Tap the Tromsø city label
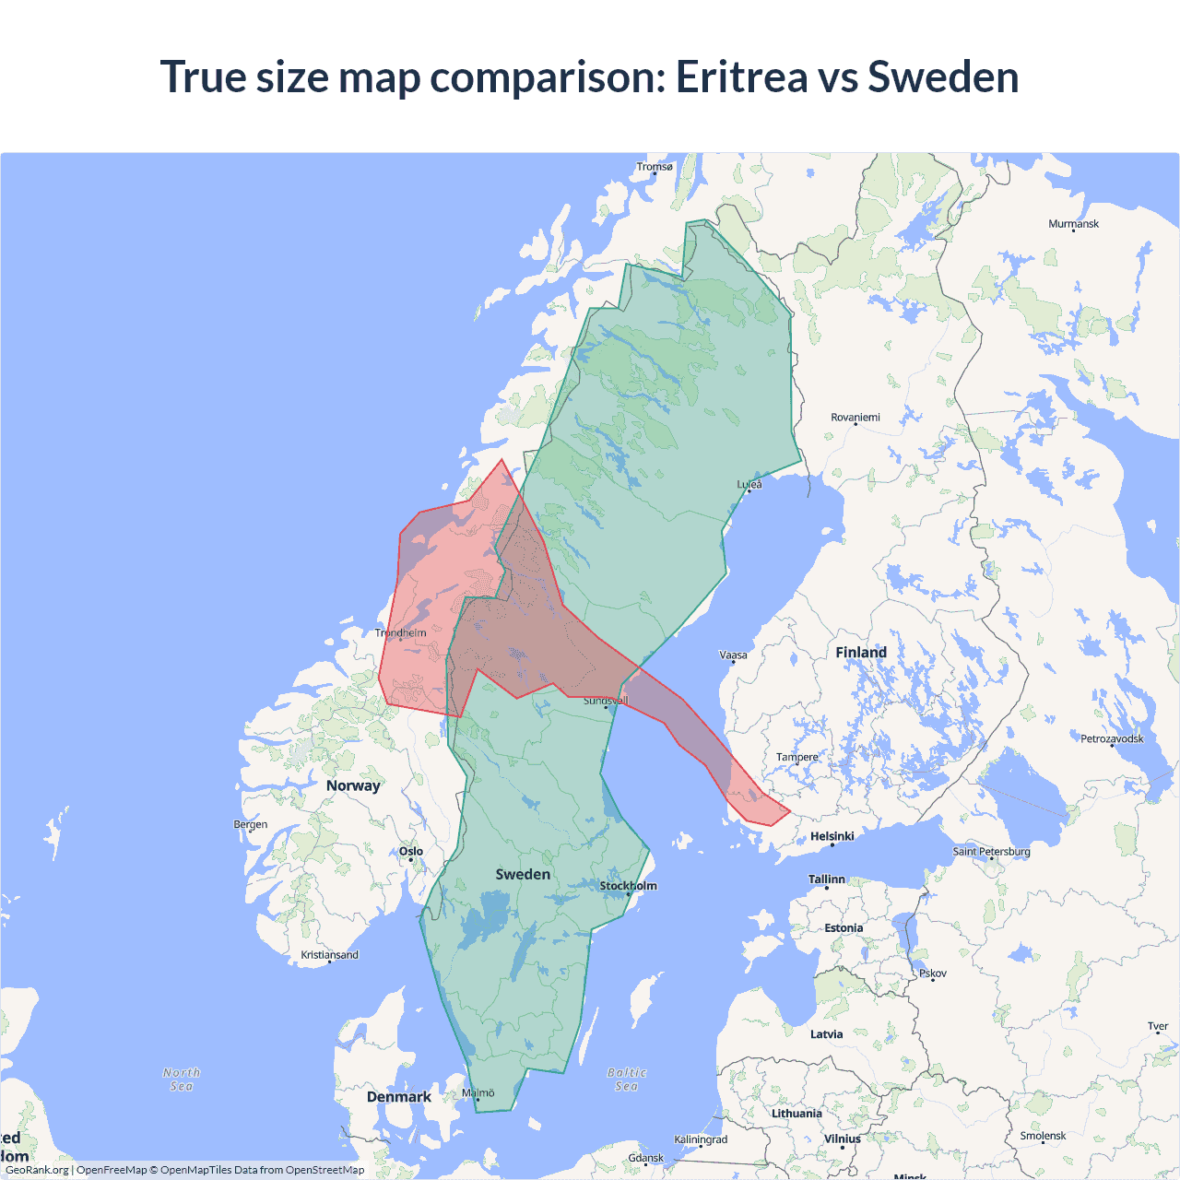coord(655,167)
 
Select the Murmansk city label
coord(1073,224)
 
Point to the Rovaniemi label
coord(855,418)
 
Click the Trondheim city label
coord(401,632)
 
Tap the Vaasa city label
coord(733,655)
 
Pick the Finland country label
coord(861,653)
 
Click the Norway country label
coord(353,785)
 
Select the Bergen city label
coord(251,824)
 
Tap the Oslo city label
coord(411,852)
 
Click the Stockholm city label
coord(629,886)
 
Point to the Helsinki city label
coord(832,836)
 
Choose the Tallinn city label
coord(826,879)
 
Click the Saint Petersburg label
coord(991,851)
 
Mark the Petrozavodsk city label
coord(1112,738)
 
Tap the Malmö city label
coord(478,1093)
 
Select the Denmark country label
coord(398,1097)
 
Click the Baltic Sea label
coord(627,1080)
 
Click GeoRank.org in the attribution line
coord(37,1170)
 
